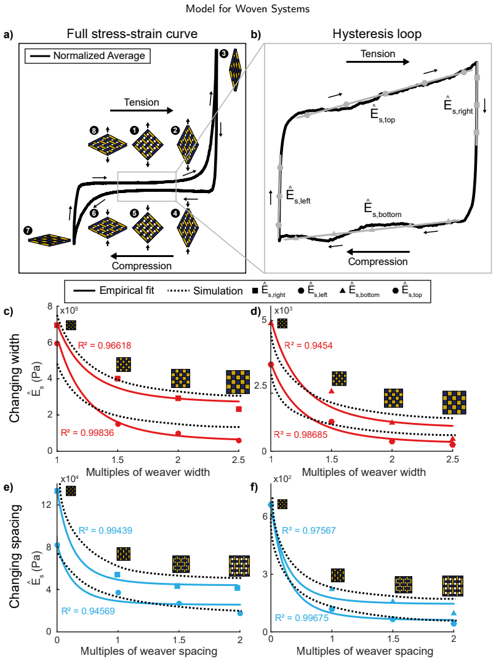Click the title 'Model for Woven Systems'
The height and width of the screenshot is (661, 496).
click(x=247, y=9)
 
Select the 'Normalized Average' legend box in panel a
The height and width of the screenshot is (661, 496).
click(x=88, y=55)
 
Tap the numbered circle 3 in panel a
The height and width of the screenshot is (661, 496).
click(x=223, y=53)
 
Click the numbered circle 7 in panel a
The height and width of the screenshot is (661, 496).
click(x=29, y=230)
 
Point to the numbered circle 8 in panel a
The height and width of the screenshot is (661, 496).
click(x=94, y=130)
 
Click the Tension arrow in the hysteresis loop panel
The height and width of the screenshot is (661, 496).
click(x=377, y=61)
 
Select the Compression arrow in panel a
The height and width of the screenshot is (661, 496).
click(x=142, y=256)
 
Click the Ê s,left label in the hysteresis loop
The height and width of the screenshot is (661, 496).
click(x=298, y=195)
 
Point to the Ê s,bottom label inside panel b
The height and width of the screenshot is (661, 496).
click(x=383, y=208)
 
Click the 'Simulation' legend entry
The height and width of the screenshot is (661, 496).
click(x=205, y=291)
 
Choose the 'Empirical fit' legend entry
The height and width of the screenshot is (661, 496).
click(x=114, y=291)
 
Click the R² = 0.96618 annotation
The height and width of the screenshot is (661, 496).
click(x=105, y=346)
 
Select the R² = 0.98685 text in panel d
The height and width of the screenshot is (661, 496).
click(x=301, y=435)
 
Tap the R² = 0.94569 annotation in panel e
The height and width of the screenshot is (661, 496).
click(x=88, y=611)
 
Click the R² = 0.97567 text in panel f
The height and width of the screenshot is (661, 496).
click(x=309, y=531)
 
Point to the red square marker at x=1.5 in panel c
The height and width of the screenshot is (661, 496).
click(x=118, y=379)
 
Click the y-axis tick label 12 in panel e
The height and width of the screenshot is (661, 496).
click(x=47, y=504)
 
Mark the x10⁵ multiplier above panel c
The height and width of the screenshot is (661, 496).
click(x=69, y=311)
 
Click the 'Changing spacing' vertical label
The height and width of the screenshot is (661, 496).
click(x=15, y=556)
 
